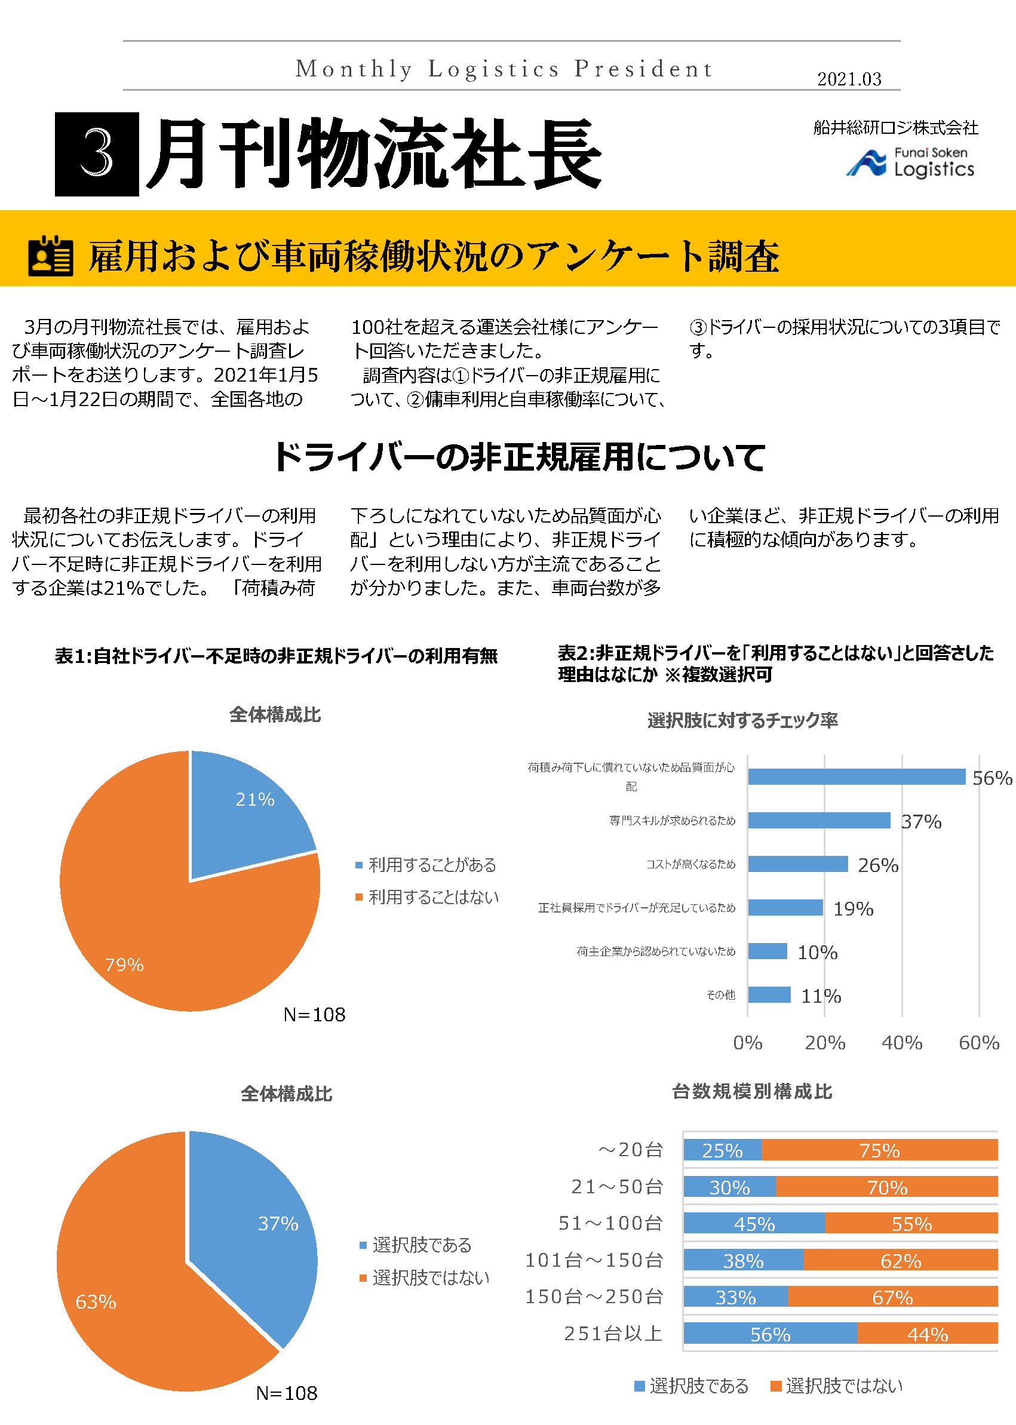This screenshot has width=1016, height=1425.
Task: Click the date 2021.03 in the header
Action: [x=848, y=79]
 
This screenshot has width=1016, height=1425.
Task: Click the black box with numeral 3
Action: [x=97, y=154]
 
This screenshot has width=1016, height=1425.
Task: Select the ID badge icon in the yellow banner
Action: [x=51, y=256]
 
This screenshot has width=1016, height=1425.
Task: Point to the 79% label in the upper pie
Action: [x=124, y=964]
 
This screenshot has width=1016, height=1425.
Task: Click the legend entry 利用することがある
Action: [x=432, y=865]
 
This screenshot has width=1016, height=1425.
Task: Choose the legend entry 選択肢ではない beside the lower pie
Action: [x=431, y=1277]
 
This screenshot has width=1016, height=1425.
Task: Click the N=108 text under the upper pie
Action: [x=314, y=1014]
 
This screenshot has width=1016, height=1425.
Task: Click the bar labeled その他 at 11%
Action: [x=769, y=994]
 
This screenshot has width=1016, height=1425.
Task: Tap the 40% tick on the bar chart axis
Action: [x=901, y=1042]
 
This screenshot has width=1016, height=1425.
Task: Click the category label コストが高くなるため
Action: [x=690, y=864]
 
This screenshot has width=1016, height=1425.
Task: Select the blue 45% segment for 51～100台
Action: [x=754, y=1223]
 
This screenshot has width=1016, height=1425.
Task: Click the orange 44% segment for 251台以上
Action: [x=927, y=1334]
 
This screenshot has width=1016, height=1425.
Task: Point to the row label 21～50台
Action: [x=617, y=1186]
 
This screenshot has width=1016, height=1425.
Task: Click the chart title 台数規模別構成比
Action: [x=751, y=1092]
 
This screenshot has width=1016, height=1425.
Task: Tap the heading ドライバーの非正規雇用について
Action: [x=518, y=457]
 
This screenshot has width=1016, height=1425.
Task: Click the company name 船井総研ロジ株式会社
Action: [x=895, y=128]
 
